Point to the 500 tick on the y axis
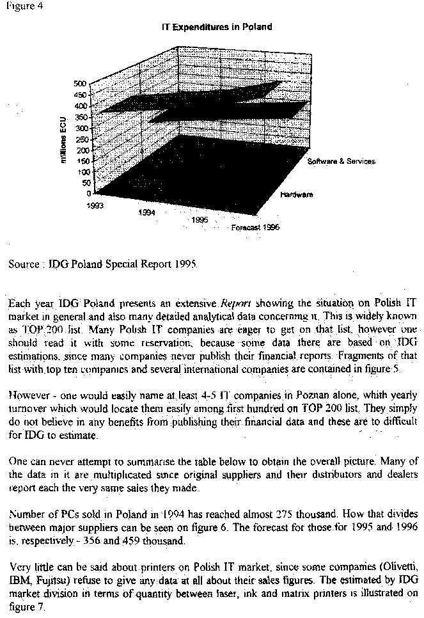[80, 84]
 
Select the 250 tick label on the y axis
[80, 139]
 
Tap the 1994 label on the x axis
[145, 212]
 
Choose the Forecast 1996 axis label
[255, 227]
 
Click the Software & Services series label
[341, 161]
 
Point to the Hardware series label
[296, 194]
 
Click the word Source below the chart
[24, 264]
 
